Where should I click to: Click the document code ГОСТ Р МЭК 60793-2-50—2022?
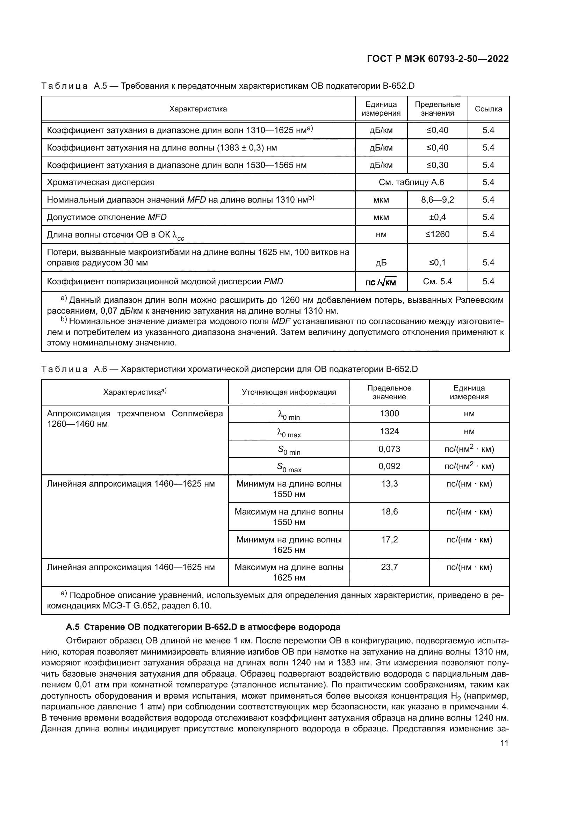click(x=438, y=59)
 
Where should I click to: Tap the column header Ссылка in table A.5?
click(x=488, y=109)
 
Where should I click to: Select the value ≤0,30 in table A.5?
click(x=437, y=165)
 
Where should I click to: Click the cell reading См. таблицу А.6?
click(x=411, y=183)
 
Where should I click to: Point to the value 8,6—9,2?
click(x=437, y=200)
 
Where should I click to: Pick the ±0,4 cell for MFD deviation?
click(x=437, y=217)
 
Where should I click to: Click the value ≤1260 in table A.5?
click(x=437, y=234)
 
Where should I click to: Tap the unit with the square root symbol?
click(x=381, y=283)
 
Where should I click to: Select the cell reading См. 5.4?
click(x=437, y=282)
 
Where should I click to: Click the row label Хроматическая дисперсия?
click(x=101, y=183)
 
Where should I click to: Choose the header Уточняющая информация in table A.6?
click(x=289, y=392)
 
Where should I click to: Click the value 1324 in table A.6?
click(x=389, y=431)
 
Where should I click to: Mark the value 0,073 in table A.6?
click(x=389, y=449)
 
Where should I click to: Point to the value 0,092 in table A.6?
click(x=389, y=466)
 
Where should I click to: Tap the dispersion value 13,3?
click(x=389, y=483)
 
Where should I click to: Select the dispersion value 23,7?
click(x=389, y=567)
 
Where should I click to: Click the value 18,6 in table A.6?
click(x=389, y=512)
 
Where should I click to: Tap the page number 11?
click(x=504, y=743)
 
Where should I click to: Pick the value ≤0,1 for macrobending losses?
click(x=437, y=263)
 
